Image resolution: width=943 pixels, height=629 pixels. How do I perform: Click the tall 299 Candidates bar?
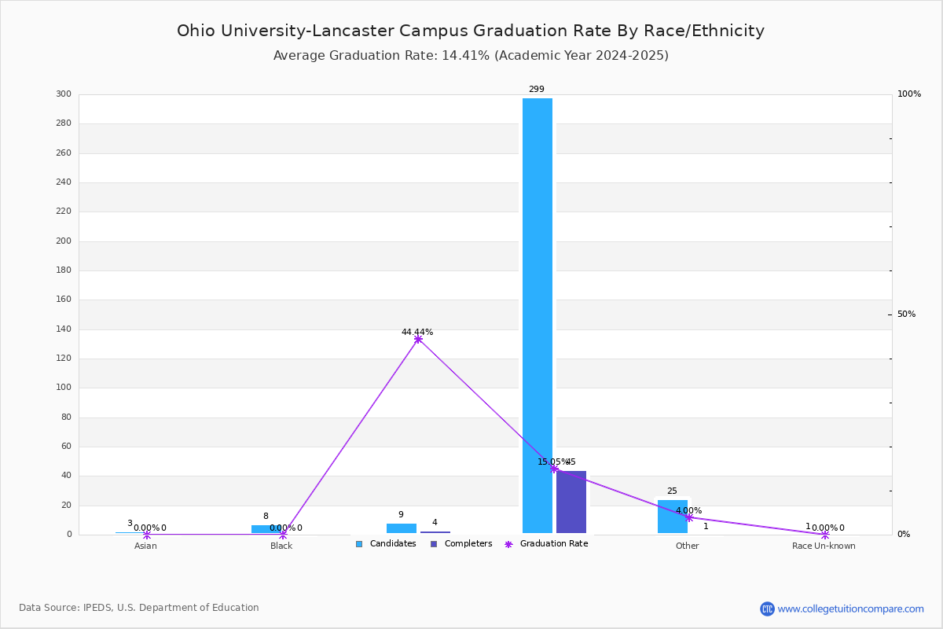(538, 315)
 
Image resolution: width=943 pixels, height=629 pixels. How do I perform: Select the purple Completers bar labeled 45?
(571, 502)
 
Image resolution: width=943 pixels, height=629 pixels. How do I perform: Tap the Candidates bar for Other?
(673, 517)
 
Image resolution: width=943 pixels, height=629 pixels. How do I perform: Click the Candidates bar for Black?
(266, 528)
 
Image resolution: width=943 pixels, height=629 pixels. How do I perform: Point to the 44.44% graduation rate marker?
(418, 339)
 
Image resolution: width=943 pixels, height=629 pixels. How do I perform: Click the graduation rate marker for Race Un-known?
(825, 535)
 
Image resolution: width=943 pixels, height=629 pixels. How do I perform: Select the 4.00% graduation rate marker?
(689, 517)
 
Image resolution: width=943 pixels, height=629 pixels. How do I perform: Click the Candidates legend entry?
(386, 544)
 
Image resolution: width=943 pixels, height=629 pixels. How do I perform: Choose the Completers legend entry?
(461, 544)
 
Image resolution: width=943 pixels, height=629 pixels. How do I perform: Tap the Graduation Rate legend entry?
(546, 544)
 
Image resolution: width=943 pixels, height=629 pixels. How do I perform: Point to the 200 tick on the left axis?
(64, 241)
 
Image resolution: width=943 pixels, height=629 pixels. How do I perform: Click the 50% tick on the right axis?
(906, 314)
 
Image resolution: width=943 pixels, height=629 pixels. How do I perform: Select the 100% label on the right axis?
(909, 94)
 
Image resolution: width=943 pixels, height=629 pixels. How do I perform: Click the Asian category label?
(145, 546)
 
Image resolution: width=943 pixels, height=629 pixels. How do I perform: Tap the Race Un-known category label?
(824, 546)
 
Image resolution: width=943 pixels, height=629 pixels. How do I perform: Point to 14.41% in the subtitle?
(465, 56)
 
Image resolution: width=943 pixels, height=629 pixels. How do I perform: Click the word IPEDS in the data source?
(97, 608)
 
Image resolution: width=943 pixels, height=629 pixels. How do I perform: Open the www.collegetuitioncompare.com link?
(851, 609)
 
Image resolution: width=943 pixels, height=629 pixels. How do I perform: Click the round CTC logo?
(767, 609)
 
